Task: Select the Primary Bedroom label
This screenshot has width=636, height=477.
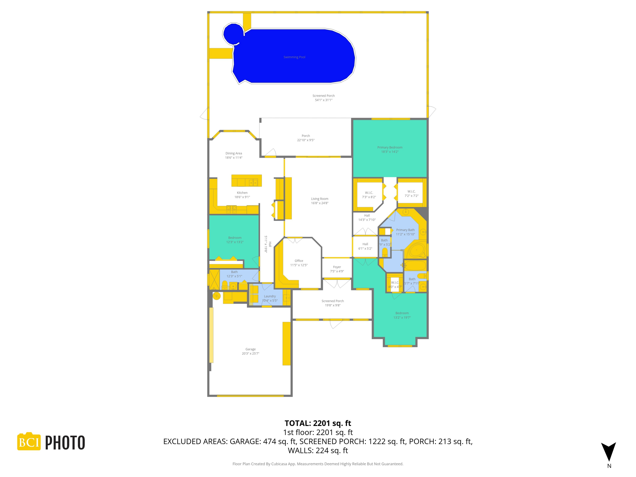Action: (390, 149)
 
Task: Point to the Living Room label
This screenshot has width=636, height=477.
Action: (319, 201)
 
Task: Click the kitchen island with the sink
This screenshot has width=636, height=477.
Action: (246, 181)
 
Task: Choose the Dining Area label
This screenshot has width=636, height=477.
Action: (233, 155)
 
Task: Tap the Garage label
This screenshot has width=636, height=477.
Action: (250, 351)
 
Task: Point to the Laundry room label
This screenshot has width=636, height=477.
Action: (270, 298)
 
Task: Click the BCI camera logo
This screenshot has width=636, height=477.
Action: (29, 441)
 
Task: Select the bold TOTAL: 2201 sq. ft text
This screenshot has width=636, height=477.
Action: (318, 423)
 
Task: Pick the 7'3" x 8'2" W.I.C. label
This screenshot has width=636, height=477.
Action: (369, 195)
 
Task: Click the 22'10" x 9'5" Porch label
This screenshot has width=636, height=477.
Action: (306, 138)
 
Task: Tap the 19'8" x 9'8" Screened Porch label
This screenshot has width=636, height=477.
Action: (332, 303)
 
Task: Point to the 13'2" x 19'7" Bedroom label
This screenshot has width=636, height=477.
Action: (402, 315)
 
